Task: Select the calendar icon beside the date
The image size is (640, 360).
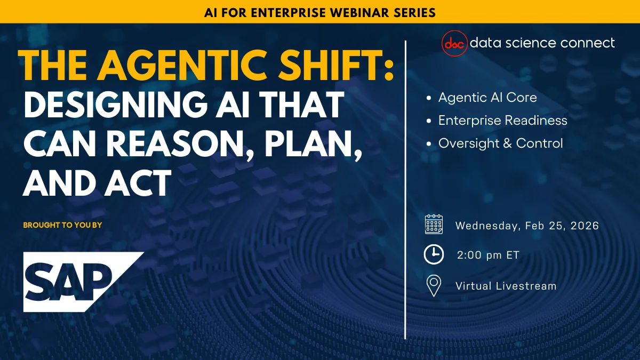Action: [434, 225]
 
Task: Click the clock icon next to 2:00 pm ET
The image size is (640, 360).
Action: [434, 255]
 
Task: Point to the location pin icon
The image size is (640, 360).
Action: [434, 286]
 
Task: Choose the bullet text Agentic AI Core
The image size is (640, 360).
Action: [487, 98]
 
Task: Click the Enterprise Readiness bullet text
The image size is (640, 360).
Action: [502, 121]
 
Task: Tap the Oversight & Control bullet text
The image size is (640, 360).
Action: [500, 143]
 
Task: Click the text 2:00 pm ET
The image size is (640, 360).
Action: [488, 255]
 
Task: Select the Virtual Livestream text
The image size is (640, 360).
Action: [506, 286]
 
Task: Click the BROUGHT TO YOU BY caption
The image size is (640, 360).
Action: [62, 225]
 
